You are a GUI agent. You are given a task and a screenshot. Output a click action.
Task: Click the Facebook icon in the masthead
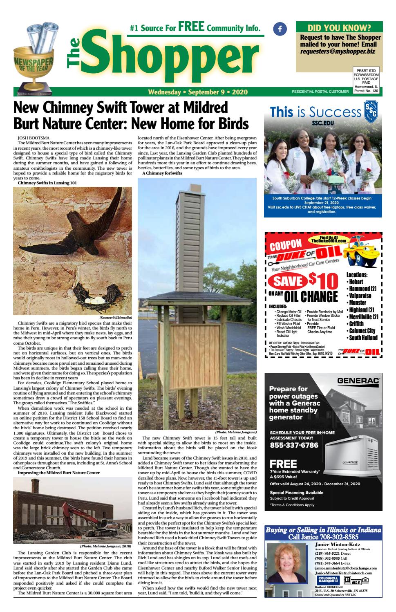point(280,29)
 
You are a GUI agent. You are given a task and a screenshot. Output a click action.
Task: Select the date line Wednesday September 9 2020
point(198,92)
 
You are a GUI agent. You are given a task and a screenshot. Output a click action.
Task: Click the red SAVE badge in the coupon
point(287,281)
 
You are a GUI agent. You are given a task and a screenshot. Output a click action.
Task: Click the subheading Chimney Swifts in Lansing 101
point(47,183)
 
